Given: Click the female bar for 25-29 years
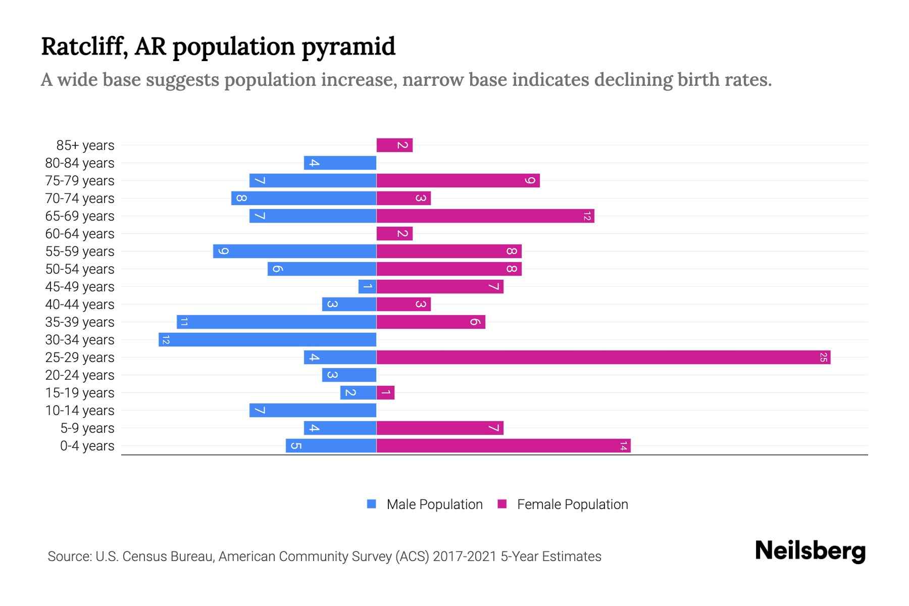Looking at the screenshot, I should (603, 358).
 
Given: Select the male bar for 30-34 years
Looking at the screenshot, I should (268, 340).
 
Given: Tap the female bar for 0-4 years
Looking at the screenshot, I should (503, 446).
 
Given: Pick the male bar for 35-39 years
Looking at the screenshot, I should (277, 322).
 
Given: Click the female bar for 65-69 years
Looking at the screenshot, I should (485, 216).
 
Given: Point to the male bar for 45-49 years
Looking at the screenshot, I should (367, 287).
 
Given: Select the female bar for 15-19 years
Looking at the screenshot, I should (385, 393).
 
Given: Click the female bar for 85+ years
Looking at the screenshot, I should (394, 145).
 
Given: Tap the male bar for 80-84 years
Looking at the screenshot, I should (340, 163).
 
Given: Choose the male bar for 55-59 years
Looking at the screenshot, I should (294, 251).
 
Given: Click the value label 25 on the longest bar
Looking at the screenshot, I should (823, 358).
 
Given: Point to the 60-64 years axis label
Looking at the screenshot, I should (80, 234).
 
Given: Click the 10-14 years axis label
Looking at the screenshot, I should (80, 411).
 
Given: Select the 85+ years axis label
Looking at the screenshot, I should (85, 145).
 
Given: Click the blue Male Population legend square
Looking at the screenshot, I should (372, 504).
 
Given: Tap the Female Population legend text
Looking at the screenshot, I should (572, 504).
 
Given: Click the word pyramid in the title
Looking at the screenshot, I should (348, 46).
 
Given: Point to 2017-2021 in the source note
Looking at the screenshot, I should (464, 557).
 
